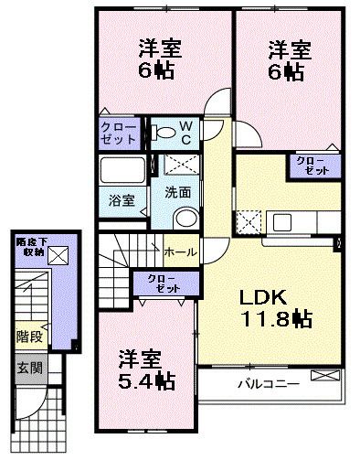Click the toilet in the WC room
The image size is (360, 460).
click(164, 133)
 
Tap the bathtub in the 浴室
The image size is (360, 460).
click(122, 169)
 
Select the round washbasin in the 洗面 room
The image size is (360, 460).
click(185, 218)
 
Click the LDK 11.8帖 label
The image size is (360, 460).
click(276, 308)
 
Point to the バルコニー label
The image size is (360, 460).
click(268, 383)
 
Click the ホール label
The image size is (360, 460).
click(180, 252)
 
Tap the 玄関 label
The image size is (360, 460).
click(29, 368)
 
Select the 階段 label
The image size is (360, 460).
click(29, 337)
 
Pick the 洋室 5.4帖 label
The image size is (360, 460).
click(146, 369)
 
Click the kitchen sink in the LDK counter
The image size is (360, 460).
click(282, 222)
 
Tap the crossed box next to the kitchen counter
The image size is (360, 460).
click(249, 222)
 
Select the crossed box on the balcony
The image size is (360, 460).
click(325, 375)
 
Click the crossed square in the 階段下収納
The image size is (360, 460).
click(58, 255)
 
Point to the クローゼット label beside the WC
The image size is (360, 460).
click(119, 134)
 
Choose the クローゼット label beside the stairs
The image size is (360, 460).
click(165, 283)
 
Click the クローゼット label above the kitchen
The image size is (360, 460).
click(313, 166)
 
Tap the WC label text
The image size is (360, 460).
click(185, 133)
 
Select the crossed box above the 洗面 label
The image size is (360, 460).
click(182, 165)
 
